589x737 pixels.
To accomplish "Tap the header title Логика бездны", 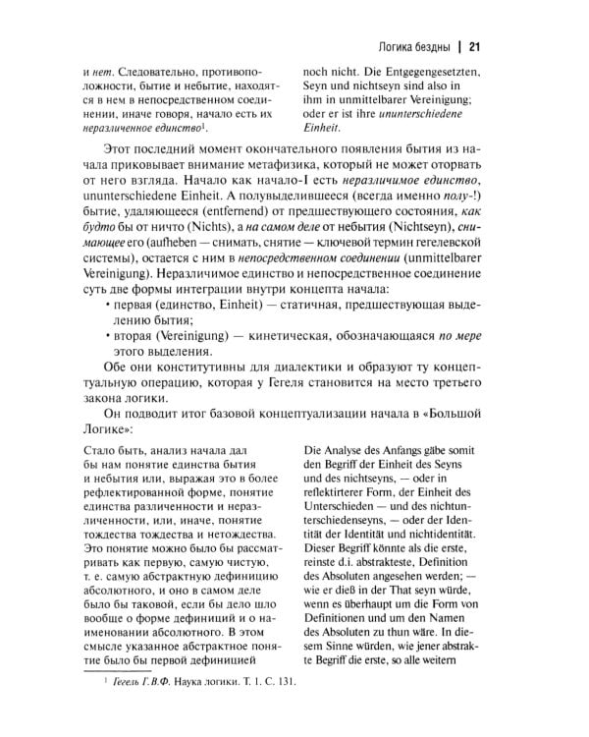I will point(412,45).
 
